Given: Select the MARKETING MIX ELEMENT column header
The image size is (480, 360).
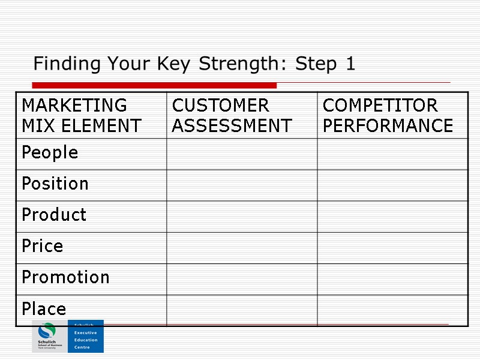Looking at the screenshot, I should point(81,115).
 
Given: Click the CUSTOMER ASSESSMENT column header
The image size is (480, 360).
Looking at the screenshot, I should point(232,115).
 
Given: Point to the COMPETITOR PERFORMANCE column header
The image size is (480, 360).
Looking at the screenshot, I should point(388,115).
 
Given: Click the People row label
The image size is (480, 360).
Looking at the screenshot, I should point(50,153).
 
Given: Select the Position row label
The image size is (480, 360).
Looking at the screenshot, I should point(55,184).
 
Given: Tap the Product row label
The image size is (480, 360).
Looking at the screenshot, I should point(54,215).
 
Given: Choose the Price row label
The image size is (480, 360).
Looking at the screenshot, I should point(42,246).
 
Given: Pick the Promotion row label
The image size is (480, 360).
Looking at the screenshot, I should point(65,277).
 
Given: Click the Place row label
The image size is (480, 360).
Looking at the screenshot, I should point(44,309).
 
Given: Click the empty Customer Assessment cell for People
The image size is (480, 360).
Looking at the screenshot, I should point(242,154).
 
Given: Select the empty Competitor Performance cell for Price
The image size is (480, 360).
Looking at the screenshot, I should point(392,247).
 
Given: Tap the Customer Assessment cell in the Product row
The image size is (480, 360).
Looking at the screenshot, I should point(242,216).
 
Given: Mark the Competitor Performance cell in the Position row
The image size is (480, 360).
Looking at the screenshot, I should point(392,185).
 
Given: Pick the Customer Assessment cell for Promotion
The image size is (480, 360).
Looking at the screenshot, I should point(242,278).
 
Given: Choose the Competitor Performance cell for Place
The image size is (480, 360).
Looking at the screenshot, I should point(392,310).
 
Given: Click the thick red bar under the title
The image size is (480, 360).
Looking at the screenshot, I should point(154,85).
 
